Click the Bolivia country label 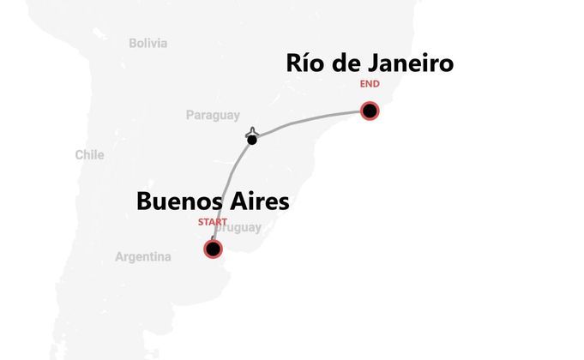click(148, 43)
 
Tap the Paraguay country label click(213, 116)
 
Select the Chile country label click(89, 155)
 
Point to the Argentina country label click(143, 256)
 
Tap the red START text click(213, 222)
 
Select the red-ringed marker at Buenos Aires click(212, 249)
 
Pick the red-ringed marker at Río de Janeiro click(370, 111)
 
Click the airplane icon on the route click(251, 132)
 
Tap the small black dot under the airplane click(251, 140)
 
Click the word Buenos click(181, 202)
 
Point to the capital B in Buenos click(144, 202)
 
